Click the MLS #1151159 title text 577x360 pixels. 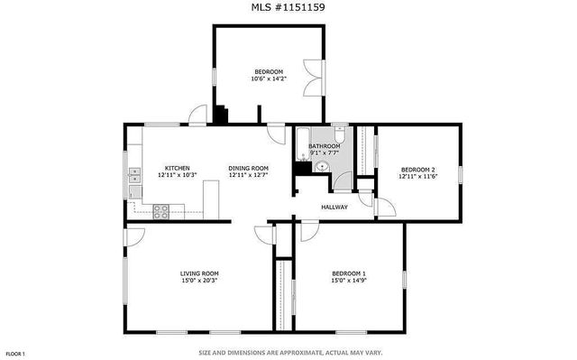coord(288,7)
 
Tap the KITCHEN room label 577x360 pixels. coord(177,168)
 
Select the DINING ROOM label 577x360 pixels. coord(249,168)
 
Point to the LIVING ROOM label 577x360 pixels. coord(199,273)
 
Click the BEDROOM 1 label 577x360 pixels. coord(349,273)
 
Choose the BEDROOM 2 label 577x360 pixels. coord(417,169)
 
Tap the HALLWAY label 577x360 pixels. coord(335,207)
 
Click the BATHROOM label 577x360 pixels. coord(325,146)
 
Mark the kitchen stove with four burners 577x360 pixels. coord(161,211)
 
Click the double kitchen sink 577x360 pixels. coord(134,174)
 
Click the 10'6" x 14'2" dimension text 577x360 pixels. coord(269,79)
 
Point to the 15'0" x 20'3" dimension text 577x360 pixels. coord(199,281)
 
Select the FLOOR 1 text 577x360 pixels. coord(16,353)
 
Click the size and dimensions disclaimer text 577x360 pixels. coord(288,353)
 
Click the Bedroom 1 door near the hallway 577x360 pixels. coord(308,231)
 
